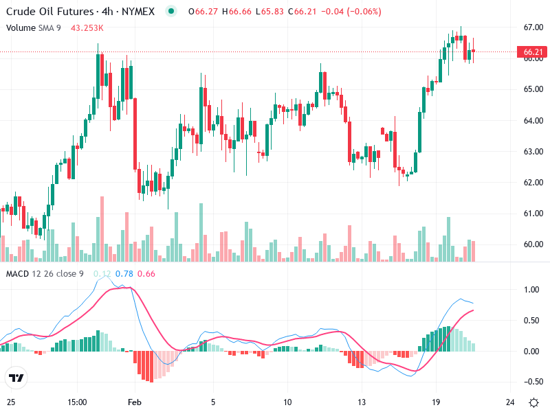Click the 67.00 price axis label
coord(533,27)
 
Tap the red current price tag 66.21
coord(533,52)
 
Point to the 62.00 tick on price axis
coord(533,183)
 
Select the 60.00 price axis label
coord(533,244)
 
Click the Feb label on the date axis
coord(135,402)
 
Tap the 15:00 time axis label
coord(78,402)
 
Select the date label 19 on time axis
coord(435,402)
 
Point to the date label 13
coord(360,402)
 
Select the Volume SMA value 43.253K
coord(87,27)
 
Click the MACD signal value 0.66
coord(146,274)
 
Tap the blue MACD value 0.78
coord(124,274)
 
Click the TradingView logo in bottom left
coord(16,378)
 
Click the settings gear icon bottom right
coord(533,402)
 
